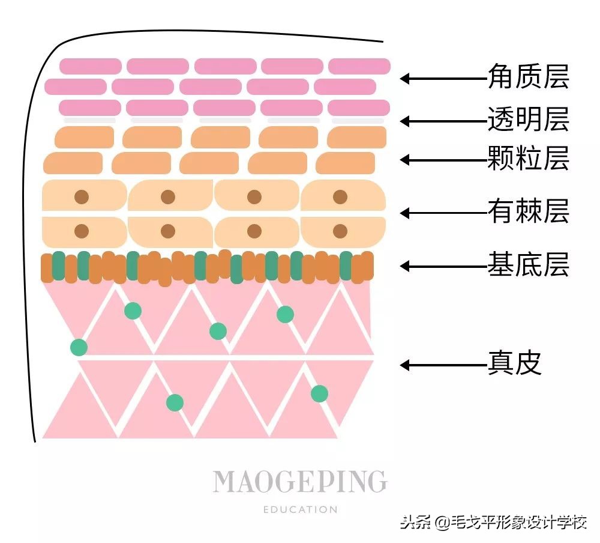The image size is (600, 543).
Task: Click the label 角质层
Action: pyautogui.click(x=528, y=77)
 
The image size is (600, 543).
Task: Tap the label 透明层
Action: pyautogui.click(x=528, y=120)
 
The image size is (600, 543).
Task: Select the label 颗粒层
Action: pyautogui.click(x=528, y=159)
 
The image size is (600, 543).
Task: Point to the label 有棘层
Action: pyautogui.click(x=528, y=212)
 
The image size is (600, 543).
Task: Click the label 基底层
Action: pyautogui.click(x=528, y=265)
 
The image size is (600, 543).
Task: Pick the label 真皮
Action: pyautogui.click(x=515, y=364)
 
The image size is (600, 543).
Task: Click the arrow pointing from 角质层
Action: pyautogui.click(x=444, y=78)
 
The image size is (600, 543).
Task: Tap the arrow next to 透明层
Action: pyautogui.click(x=444, y=121)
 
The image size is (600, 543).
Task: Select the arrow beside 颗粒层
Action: pyautogui.click(x=444, y=160)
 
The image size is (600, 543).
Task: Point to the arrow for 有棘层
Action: pyautogui.click(x=444, y=213)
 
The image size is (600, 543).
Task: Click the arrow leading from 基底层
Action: pyautogui.click(x=444, y=265)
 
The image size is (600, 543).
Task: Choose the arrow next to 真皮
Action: pyautogui.click(x=444, y=365)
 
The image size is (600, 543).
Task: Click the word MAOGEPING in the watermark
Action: pyautogui.click(x=300, y=482)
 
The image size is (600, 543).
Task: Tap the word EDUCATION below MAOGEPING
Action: pyautogui.click(x=300, y=509)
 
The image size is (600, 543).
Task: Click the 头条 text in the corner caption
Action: pyautogui.click(x=415, y=522)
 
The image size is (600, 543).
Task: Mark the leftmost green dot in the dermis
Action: pyautogui.click(x=79, y=347)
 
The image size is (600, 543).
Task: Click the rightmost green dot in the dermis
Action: pyautogui.click(x=319, y=393)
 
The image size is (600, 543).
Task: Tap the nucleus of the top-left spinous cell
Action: pyautogui.click(x=82, y=196)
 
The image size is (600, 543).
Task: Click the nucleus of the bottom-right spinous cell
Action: pyautogui.click(x=340, y=231)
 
